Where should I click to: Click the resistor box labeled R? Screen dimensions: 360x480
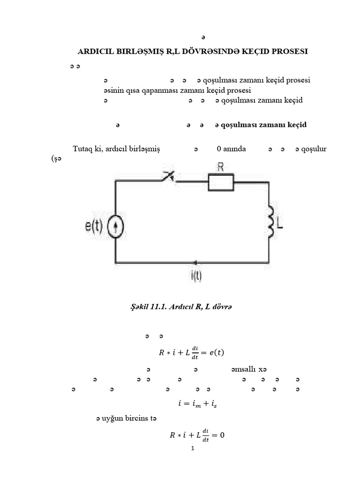(221, 182)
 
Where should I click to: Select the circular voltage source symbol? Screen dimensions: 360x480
(115, 227)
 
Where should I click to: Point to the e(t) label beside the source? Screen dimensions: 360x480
(94, 227)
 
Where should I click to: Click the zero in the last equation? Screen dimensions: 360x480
(222, 435)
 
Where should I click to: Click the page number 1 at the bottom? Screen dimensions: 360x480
(193, 448)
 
